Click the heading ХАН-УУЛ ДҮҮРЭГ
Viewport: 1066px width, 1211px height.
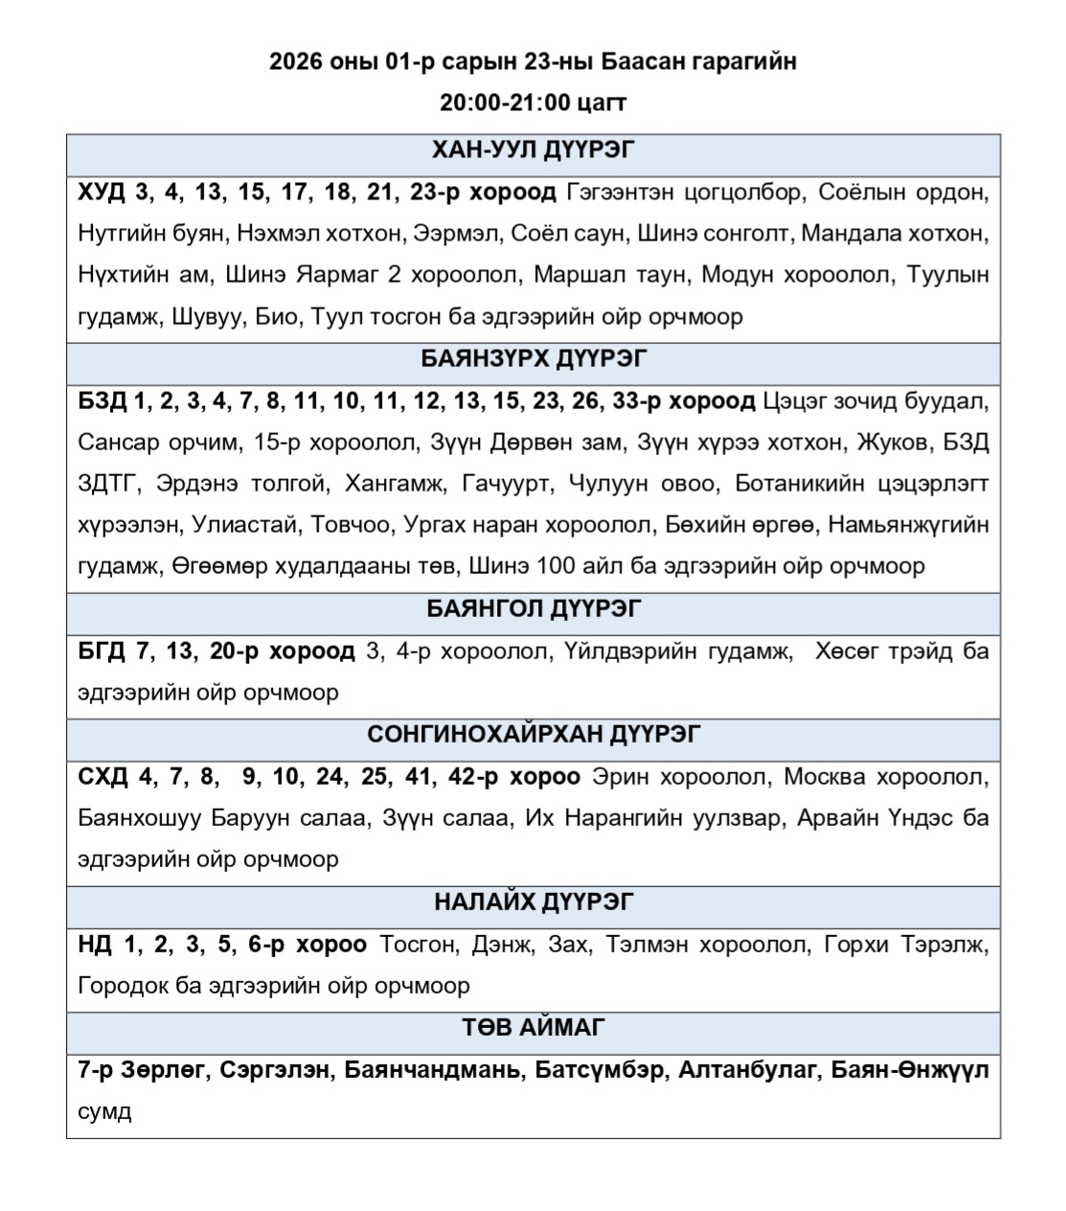pos(533,150)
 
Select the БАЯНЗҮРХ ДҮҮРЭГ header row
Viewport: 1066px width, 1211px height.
pos(533,358)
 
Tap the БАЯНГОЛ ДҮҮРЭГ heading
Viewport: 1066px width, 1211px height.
pos(533,609)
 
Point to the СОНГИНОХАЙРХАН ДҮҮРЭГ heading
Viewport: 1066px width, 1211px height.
pos(533,734)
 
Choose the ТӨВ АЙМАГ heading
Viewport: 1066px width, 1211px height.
pos(533,1028)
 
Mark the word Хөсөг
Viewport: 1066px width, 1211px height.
pos(846,651)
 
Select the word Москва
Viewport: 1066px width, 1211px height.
pos(826,776)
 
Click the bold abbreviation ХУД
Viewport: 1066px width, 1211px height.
pos(102,193)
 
